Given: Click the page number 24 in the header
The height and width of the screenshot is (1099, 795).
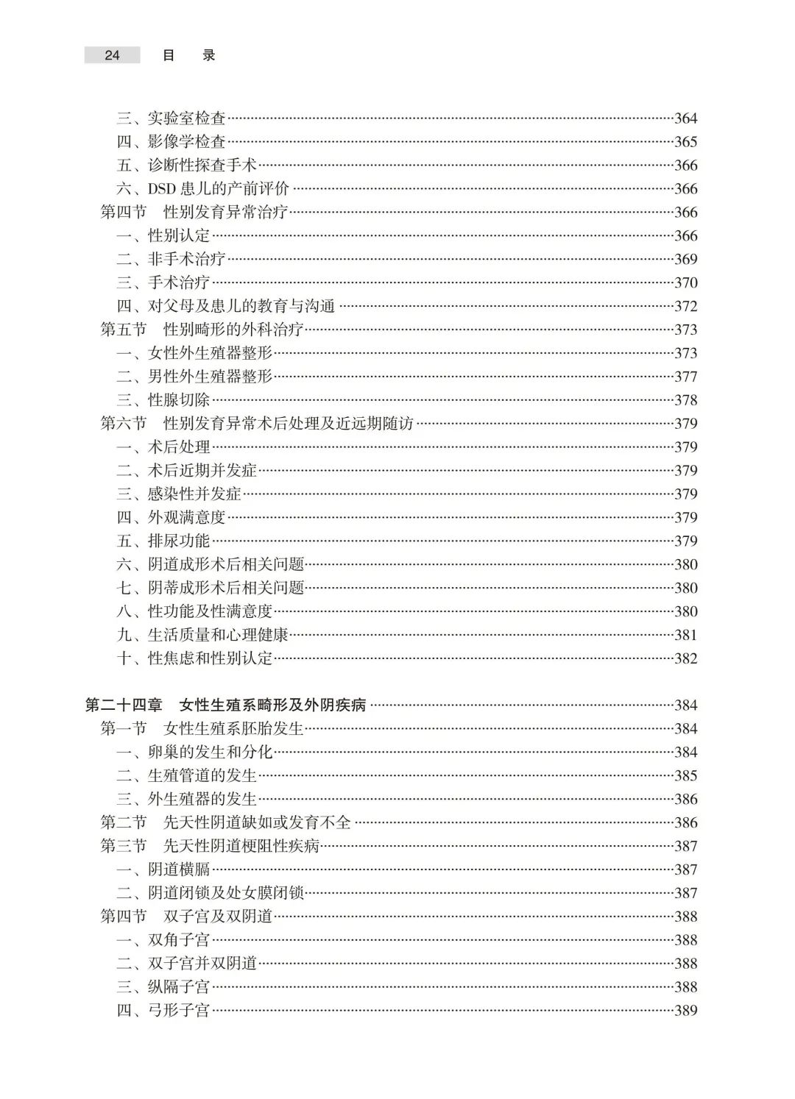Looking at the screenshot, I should (x=112, y=55).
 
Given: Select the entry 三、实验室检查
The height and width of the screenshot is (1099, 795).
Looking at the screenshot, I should (x=171, y=118).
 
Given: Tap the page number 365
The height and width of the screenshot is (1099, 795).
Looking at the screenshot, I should (x=685, y=142).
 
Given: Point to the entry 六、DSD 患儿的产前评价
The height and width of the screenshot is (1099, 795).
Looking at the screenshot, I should (x=202, y=189).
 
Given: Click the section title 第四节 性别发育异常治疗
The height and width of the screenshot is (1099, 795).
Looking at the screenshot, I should (x=194, y=213).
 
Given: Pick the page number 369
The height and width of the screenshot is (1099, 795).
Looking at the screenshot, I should (x=685, y=260).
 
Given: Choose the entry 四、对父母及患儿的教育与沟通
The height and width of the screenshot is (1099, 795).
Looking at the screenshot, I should (x=226, y=306).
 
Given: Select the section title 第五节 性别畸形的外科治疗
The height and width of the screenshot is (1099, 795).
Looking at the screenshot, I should (x=202, y=330).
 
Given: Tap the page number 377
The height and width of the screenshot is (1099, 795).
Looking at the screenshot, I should (x=685, y=377).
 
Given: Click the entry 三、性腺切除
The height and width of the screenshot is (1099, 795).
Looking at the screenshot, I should (x=163, y=400).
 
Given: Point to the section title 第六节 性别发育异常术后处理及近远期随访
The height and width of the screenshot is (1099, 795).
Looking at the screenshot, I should (x=257, y=424).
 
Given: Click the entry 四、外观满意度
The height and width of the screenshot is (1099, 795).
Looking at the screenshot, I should (x=171, y=518).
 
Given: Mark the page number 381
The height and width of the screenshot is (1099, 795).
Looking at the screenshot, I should (x=685, y=635).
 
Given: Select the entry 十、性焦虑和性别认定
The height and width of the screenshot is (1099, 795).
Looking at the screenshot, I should (x=194, y=658).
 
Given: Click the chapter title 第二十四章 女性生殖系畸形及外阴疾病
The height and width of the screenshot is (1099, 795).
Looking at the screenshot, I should (x=225, y=705).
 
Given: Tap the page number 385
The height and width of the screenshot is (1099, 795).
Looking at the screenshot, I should (x=685, y=776).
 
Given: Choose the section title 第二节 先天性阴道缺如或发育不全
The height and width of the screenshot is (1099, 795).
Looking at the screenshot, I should (x=226, y=822).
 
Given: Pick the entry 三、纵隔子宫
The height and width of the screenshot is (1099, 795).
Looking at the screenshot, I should (x=163, y=987).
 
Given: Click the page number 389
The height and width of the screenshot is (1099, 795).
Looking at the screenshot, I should (x=685, y=1011).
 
